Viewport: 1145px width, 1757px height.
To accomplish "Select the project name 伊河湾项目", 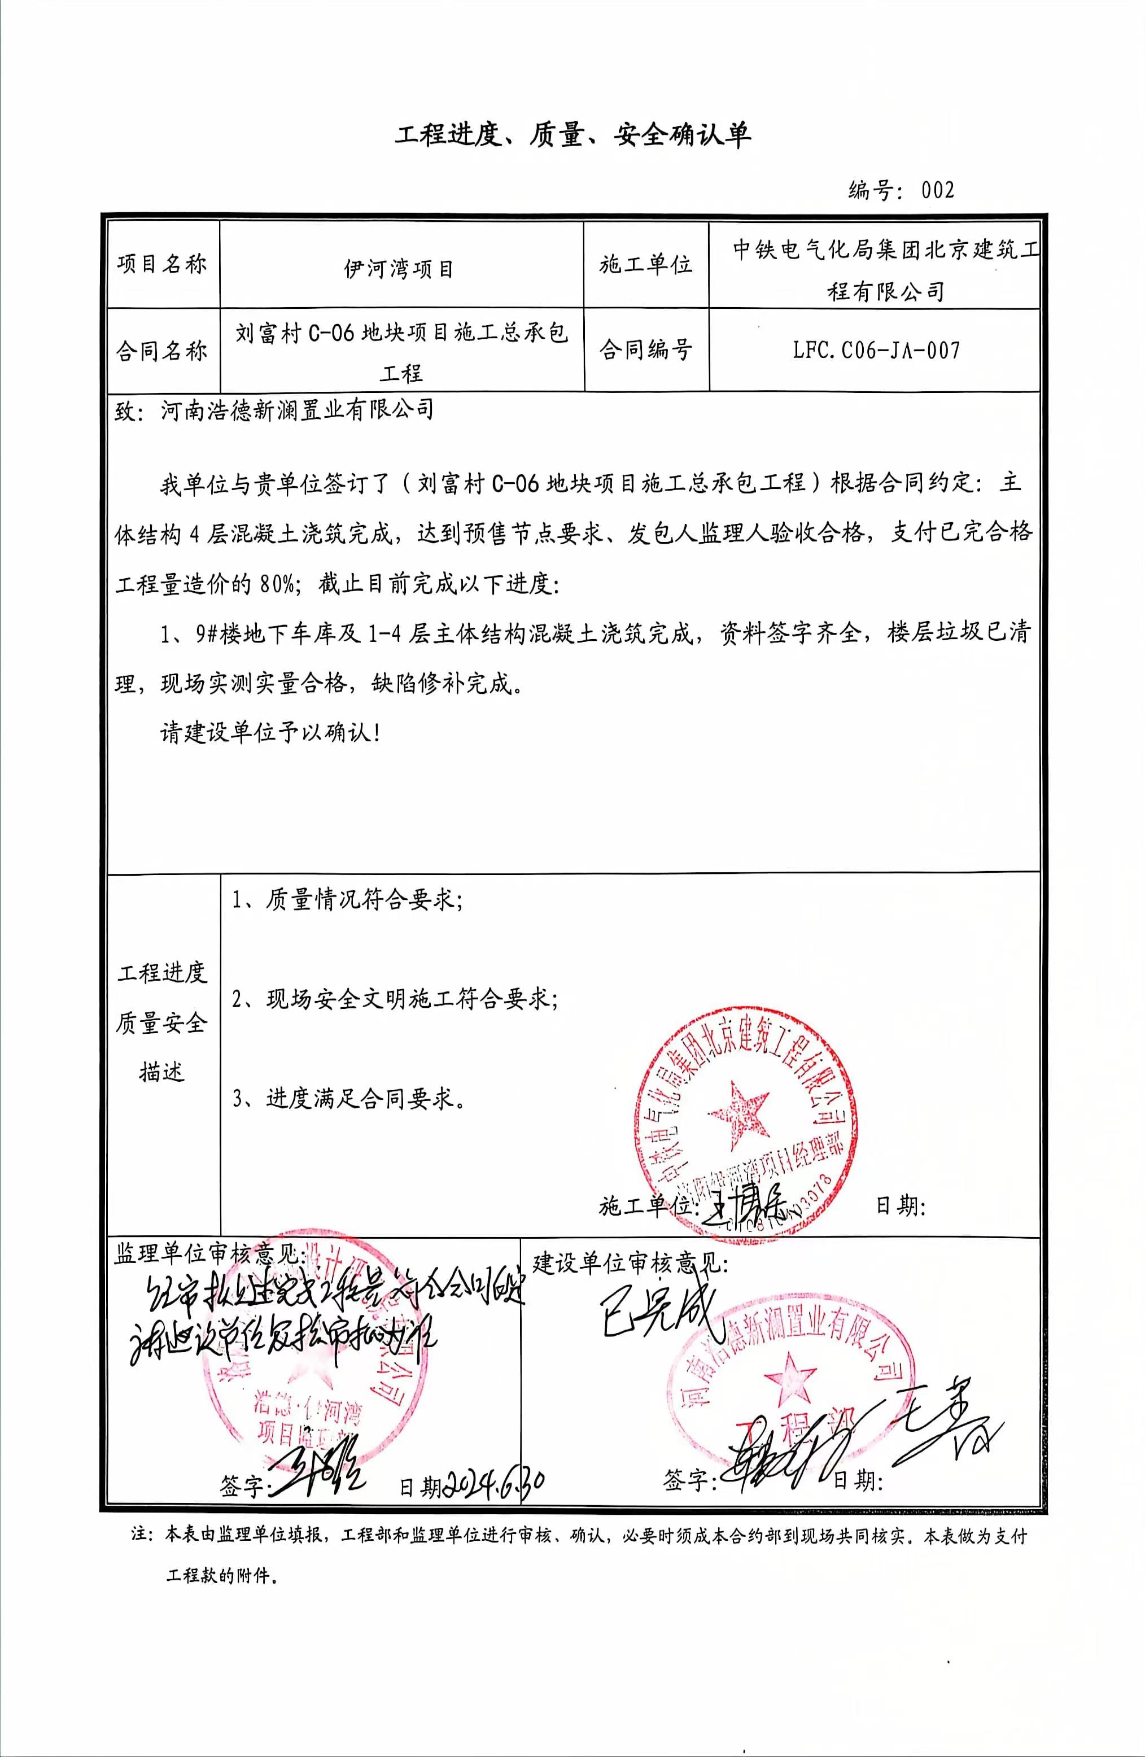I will (399, 269).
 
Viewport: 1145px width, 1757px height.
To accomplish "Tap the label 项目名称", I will (161, 264).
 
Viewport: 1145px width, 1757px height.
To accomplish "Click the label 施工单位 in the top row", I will (645, 264).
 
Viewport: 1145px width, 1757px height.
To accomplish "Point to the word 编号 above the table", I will (871, 190).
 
